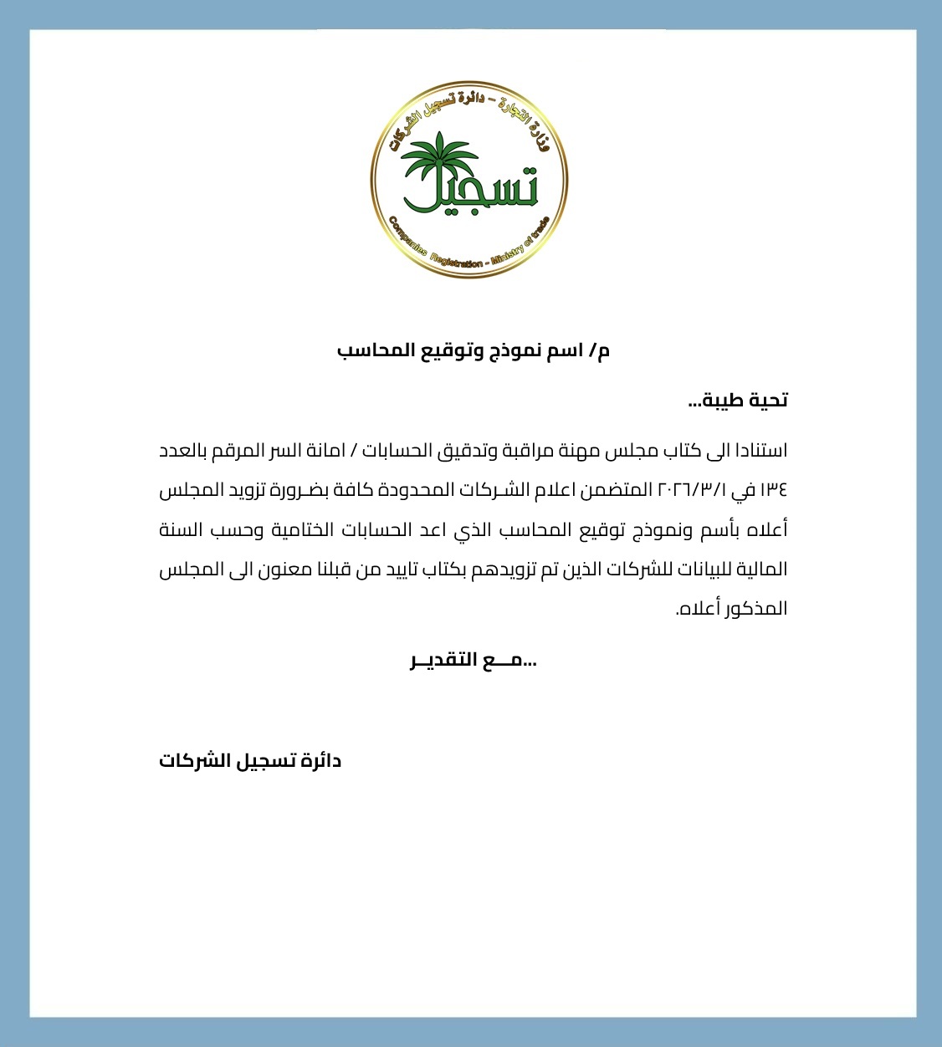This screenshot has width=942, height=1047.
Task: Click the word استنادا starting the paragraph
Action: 757,451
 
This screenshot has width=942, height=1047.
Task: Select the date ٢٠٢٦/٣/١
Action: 694,490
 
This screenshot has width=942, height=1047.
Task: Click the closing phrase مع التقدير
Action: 474,661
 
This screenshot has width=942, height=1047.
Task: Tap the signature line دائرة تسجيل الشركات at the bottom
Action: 250,761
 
